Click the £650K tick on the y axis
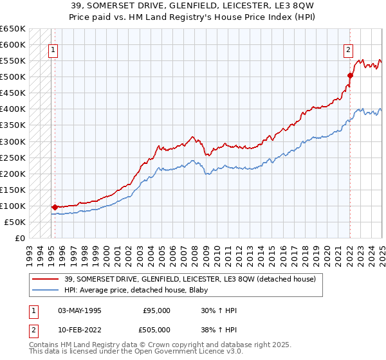[x=13, y=29]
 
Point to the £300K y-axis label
[x=13, y=141]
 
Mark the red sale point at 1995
[x=55, y=207]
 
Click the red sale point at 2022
[x=350, y=75]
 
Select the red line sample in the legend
[x=45, y=280]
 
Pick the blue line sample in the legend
[x=45, y=291]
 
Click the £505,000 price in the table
[x=157, y=330]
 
